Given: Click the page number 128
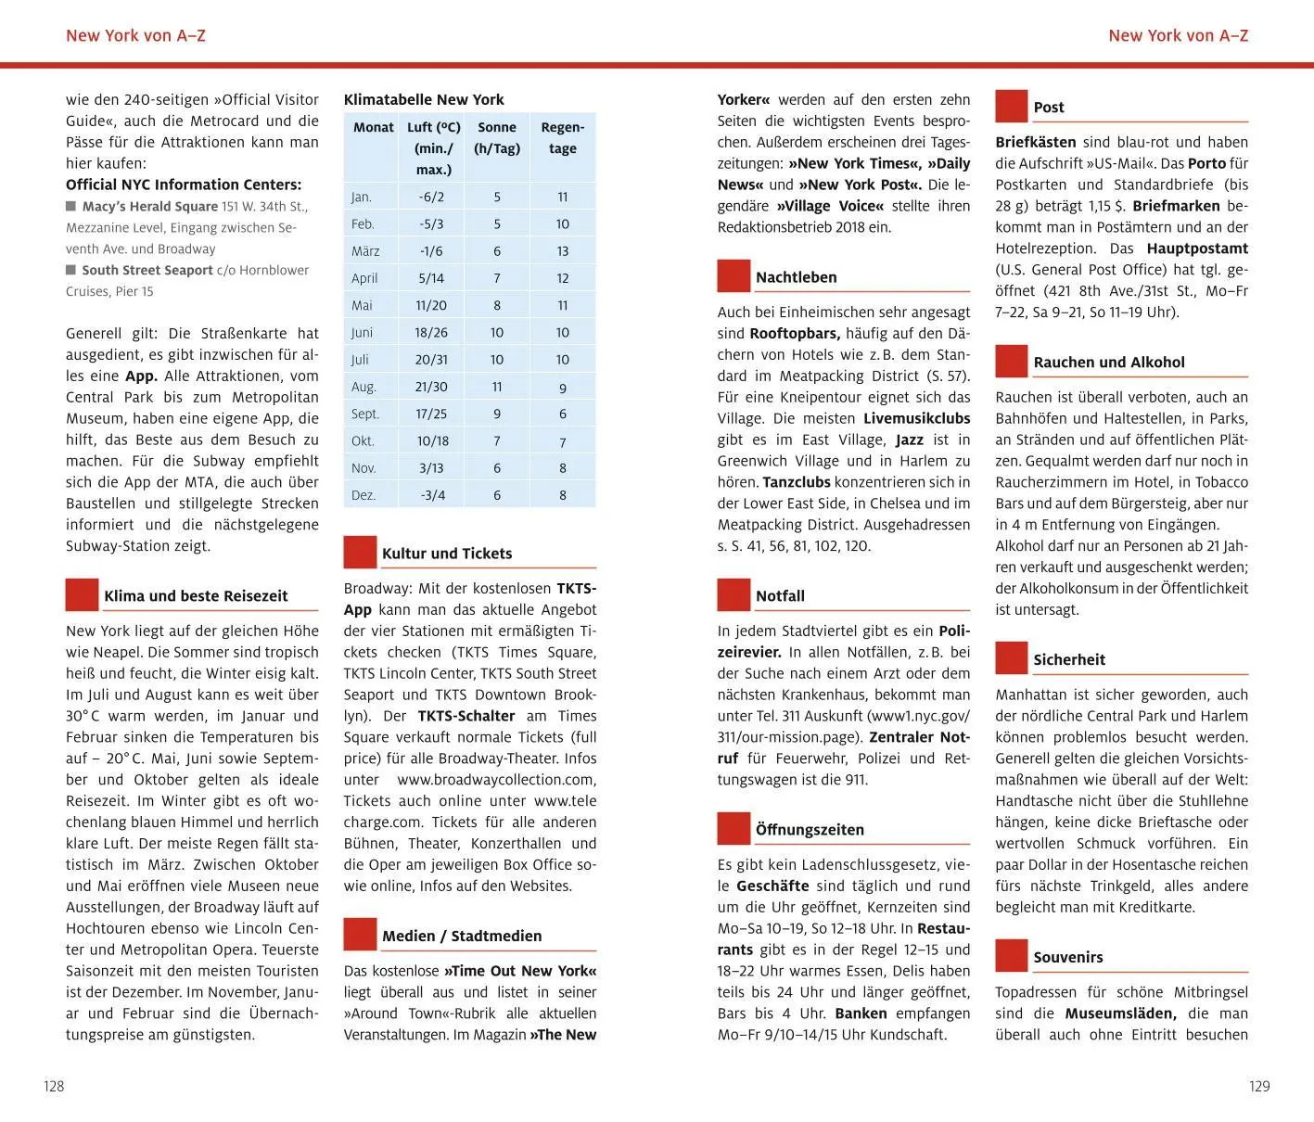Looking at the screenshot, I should click(x=54, y=1086).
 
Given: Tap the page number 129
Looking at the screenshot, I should click(x=1258, y=1086).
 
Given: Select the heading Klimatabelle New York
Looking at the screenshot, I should click(x=424, y=99).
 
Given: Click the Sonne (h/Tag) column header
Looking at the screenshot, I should click(x=497, y=138).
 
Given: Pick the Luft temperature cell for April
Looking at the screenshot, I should click(x=431, y=278).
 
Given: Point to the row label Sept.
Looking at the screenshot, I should click(x=365, y=414).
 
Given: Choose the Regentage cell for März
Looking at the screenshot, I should click(x=563, y=251).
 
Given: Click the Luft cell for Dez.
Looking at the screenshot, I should click(x=432, y=495).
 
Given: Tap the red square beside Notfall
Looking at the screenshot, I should click(x=734, y=594).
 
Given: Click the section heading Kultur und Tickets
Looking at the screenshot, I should click(x=447, y=554).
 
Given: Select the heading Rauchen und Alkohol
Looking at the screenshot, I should click(x=1109, y=363).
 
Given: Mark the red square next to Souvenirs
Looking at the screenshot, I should click(x=1012, y=956).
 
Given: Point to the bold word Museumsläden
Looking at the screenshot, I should click(x=1120, y=1014).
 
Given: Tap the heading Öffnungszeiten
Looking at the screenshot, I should click(x=810, y=830).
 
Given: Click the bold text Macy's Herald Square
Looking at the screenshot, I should click(x=149, y=207).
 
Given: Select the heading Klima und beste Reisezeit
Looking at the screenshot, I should click(x=196, y=596).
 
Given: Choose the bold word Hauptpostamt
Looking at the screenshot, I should click(x=1197, y=249).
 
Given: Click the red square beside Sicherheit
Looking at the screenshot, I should click(x=1012, y=658).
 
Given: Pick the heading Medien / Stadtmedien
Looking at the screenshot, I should click(x=462, y=936).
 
